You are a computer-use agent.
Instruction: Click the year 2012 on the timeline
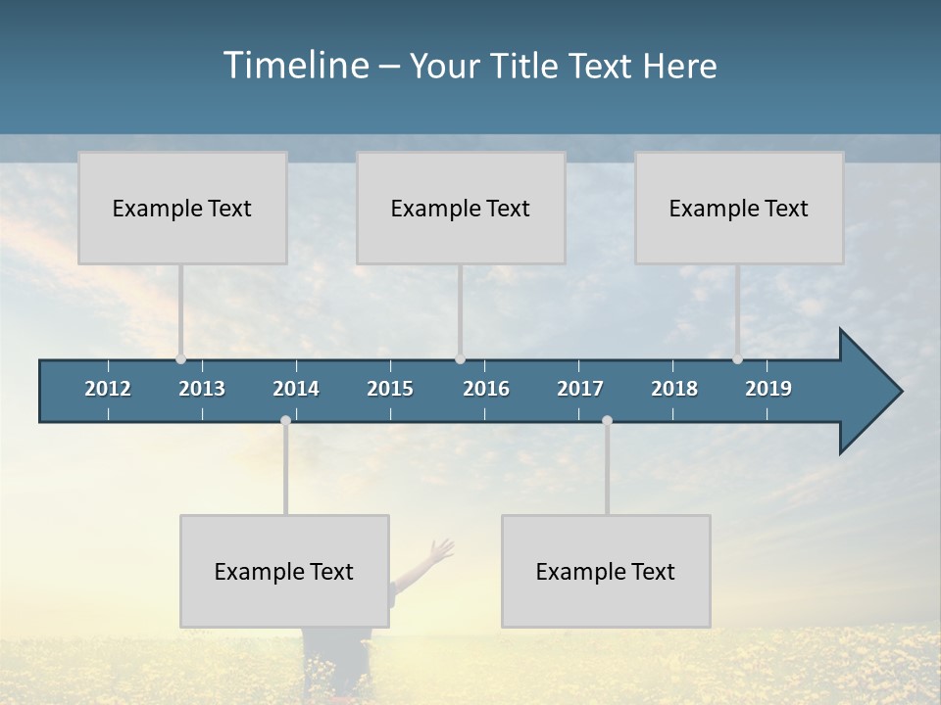[108, 389]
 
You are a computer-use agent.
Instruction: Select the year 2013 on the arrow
[202, 389]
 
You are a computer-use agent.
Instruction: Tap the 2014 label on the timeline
[296, 389]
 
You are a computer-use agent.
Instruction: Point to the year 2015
[390, 389]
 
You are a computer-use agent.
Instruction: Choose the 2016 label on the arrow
[486, 389]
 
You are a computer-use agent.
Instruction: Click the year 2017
[580, 389]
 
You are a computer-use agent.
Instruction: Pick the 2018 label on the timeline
[674, 389]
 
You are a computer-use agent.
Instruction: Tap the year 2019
[768, 389]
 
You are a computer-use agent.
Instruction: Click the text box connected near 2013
[182, 208]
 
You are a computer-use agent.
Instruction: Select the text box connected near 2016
[461, 208]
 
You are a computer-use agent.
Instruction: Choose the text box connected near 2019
[739, 208]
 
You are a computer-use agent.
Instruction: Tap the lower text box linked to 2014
[284, 571]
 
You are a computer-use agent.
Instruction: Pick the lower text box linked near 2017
[606, 571]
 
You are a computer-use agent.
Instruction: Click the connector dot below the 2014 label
[285, 421]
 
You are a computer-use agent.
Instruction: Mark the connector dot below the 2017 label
[607, 421]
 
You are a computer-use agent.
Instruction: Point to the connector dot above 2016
[461, 359]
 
